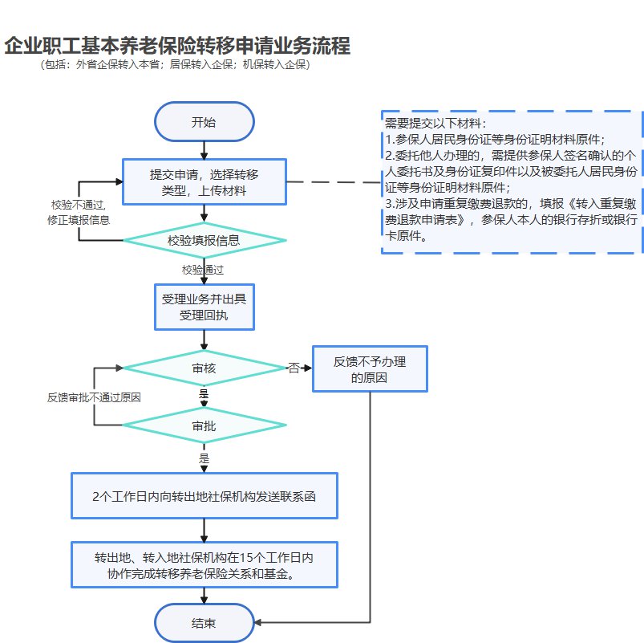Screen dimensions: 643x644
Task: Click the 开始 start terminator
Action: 204,123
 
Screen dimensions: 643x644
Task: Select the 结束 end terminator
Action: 204,623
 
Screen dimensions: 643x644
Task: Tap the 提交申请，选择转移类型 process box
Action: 204,181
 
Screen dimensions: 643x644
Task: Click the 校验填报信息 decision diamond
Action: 204,240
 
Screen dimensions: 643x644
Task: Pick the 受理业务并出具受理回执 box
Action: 204,307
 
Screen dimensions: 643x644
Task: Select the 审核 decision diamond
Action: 204,368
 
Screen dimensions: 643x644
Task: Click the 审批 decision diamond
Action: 204,425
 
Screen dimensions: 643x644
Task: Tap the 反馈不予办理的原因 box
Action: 370,369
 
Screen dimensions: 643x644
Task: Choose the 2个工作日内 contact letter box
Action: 204,496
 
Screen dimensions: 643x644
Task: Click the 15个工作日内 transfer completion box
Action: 204,565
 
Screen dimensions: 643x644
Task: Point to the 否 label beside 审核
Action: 294,368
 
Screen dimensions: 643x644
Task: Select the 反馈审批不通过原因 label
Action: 95,397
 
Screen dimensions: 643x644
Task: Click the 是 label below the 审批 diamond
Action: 204,458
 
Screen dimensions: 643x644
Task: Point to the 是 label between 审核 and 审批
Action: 204,395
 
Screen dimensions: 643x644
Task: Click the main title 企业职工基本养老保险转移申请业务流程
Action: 177,45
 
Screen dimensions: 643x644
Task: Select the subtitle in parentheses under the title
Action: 175,65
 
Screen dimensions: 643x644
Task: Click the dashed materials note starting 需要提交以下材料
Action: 512,181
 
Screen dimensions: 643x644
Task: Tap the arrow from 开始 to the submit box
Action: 205,149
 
